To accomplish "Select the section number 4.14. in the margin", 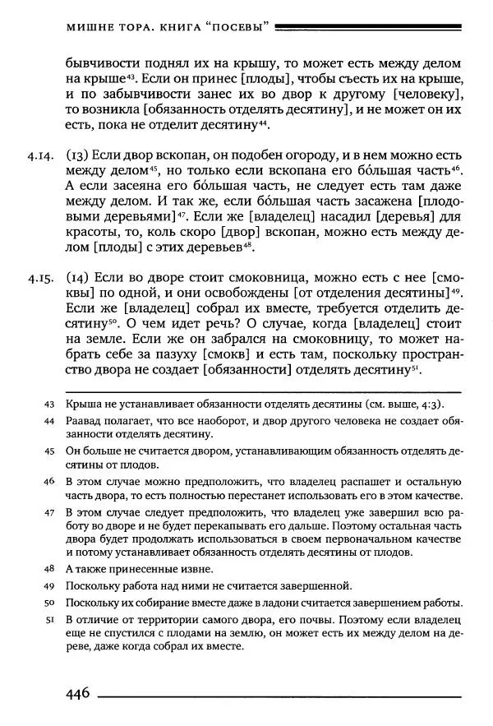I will coord(39,156).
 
